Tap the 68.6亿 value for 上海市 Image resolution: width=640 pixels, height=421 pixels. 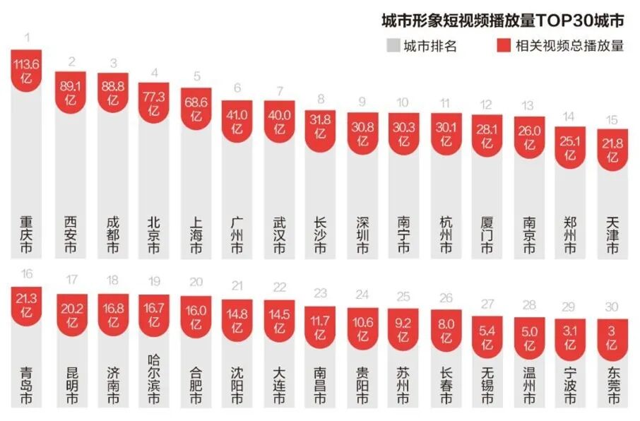tap(196, 108)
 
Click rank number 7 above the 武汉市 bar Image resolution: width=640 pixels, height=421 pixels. tap(279, 90)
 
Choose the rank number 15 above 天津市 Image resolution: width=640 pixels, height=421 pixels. tap(612, 118)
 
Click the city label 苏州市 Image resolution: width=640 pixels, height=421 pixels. tap(404, 386)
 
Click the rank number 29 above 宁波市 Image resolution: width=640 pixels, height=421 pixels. tap(571, 307)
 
